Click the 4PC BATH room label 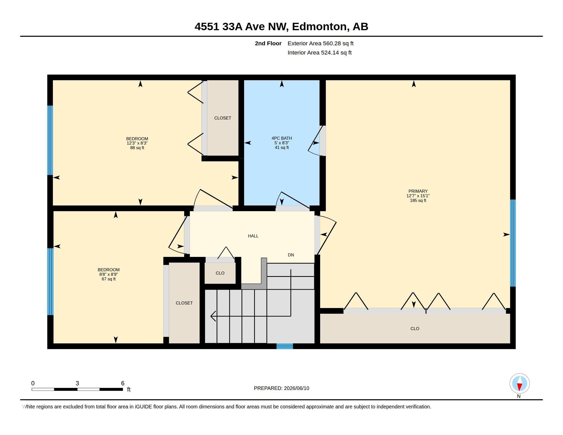[x=281, y=138]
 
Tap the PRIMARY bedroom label [x=418, y=191]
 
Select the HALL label [x=253, y=236]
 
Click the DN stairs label [x=291, y=255]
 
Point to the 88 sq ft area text [x=137, y=148]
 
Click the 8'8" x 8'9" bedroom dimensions [x=109, y=275]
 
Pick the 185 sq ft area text [x=418, y=201]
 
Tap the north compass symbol [x=519, y=384]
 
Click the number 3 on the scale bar [x=77, y=383]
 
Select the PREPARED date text [x=281, y=388]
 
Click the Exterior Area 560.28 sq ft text [x=320, y=43]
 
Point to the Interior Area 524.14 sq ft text [x=319, y=52]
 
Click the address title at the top [x=281, y=26]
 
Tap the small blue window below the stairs [x=285, y=346]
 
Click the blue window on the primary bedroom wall [x=513, y=243]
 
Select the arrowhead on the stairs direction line [x=213, y=316]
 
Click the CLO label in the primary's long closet [x=415, y=329]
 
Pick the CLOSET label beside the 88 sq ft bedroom [x=222, y=118]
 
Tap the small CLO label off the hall [x=220, y=273]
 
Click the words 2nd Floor [x=268, y=43]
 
